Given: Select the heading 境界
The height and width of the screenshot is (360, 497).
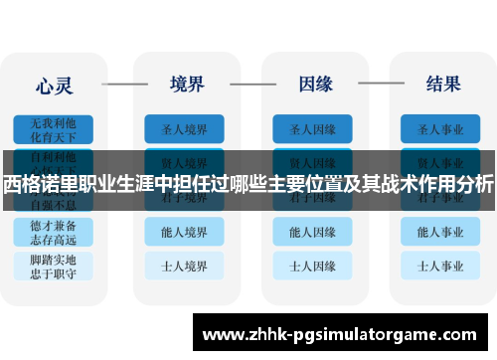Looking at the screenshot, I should click(188, 83).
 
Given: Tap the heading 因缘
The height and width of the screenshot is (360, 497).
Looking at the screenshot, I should click(315, 83).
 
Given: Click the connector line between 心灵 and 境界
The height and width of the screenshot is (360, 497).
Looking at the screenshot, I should click(122, 84).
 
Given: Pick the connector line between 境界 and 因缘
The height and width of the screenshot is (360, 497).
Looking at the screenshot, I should click(250, 84).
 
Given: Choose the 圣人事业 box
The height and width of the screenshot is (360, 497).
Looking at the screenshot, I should click(440, 129).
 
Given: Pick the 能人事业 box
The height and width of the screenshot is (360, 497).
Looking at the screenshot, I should click(440, 232).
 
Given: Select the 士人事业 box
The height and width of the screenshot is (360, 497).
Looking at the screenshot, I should click(440, 266).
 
